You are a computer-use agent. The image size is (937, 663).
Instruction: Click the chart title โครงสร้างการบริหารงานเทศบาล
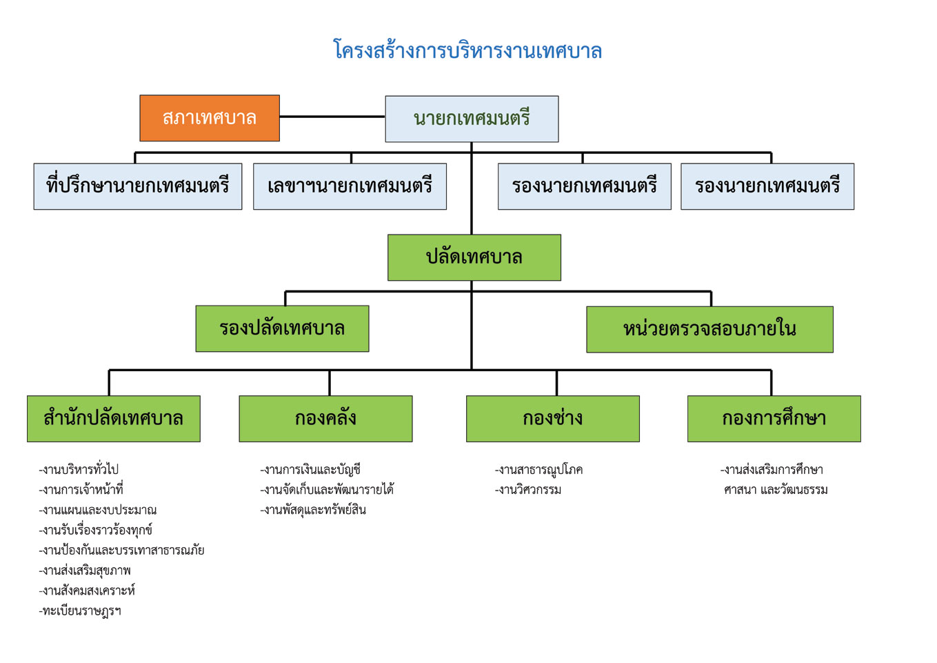pyautogui.click(x=467, y=50)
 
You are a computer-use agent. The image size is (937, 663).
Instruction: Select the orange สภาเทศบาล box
pyautogui.click(x=210, y=118)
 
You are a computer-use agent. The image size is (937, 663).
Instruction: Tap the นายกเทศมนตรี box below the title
pyautogui.click(x=472, y=119)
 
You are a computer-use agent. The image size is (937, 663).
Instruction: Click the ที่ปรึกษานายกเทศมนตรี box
pyautogui.click(x=138, y=186)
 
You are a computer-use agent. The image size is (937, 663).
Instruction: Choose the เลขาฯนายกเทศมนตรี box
pyautogui.click(x=350, y=186)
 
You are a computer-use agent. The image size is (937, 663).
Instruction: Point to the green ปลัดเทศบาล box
pyautogui.click(x=474, y=257)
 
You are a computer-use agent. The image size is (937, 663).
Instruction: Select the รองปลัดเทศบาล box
pyautogui.click(x=283, y=328)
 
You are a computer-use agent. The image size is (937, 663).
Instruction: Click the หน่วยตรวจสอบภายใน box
pyautogui.click(x=710, y=329)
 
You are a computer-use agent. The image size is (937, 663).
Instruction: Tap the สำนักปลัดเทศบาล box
pyautogui.click(x=114, y=419)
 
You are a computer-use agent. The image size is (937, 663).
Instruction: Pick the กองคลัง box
pyautogui.click(x=326, y=419)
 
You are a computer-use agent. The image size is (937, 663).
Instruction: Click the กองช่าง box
pyautogui.click(x=553, y=419)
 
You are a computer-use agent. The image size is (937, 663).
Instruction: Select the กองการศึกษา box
pyautogui.click(x=774, y=419)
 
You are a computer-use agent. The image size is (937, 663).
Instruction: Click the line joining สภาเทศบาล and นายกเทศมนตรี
pyautogui.click(x=332, y=117)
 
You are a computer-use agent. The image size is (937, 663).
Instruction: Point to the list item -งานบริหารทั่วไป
pyautogui.click(x=79, y=470)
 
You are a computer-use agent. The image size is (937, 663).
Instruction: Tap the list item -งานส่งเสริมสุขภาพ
pyautogui.click(x=85, y=571)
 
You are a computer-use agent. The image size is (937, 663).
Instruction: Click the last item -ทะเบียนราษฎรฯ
pyautogui.click(x=80, y=611)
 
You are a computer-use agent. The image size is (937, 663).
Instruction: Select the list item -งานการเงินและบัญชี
pyautogui.click(x=310, y=470)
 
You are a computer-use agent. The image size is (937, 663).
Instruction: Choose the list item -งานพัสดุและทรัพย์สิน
pyautogui.click(x=313, y=510)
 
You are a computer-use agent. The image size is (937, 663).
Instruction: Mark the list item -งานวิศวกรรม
pyautogui.click(x=528, y=490)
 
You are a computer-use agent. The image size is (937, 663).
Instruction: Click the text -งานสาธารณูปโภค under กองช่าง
pyautogui.click(x=538, y=470)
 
